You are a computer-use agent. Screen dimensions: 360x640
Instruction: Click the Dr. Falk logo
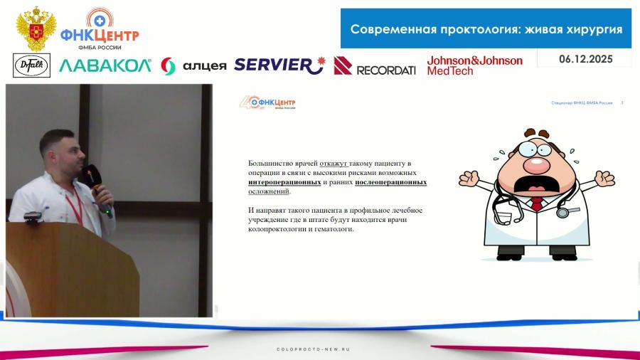[27, 65]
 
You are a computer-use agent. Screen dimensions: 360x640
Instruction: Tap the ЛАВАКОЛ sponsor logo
[105, 66]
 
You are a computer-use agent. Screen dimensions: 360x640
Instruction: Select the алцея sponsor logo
[193, 66]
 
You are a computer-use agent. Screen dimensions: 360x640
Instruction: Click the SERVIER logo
[279, 65]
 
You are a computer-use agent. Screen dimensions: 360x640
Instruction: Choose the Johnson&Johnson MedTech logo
[474, 65]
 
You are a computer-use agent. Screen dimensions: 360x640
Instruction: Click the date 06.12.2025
[585, 58]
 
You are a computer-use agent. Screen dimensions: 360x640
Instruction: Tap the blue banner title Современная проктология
[486, 29]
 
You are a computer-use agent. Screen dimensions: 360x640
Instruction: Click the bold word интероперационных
[280, 182]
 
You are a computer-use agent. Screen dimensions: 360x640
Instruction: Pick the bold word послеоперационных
[390, 182]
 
